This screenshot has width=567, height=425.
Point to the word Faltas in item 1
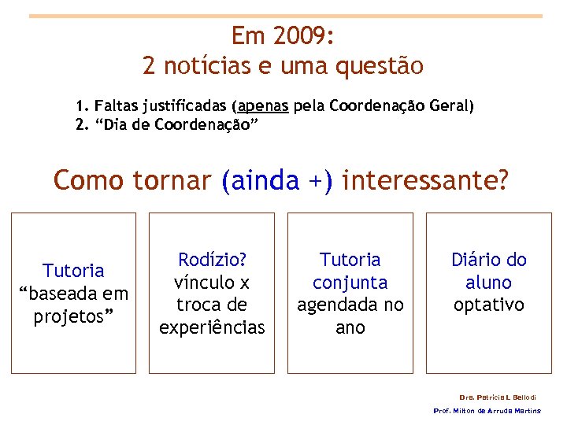[115, 105]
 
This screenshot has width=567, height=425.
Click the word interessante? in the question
[426, 181]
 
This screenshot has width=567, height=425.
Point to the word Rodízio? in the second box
[212, 259]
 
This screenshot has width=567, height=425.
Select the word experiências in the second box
[212, 327]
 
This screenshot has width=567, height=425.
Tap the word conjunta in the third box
[350, 282]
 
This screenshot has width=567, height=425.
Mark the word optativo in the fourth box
[489, 305]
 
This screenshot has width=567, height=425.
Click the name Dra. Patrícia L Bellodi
[497, 397]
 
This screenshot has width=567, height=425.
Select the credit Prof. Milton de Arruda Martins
[487, 411]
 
